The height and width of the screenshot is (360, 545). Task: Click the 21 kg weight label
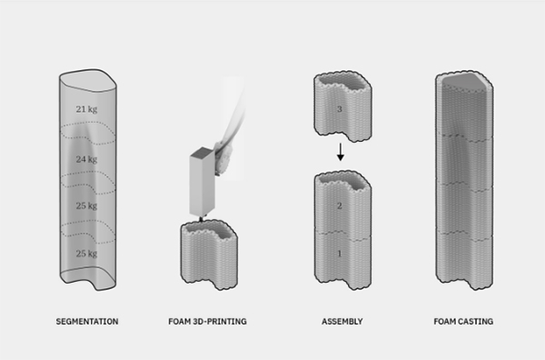point(86,109)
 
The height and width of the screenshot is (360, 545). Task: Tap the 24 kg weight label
point(86,159)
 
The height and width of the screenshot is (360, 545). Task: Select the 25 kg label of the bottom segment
point(86,254)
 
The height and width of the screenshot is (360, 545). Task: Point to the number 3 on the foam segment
point(340,109)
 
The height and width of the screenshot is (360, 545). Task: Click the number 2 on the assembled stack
point(340,206)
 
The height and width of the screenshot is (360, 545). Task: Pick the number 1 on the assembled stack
point(340,254)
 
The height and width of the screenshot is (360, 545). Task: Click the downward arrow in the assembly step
point(341,152)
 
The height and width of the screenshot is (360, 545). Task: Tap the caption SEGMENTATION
point(87,322)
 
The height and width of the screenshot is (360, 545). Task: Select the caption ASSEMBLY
point(342,322)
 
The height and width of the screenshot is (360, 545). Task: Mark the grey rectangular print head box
point(203,182)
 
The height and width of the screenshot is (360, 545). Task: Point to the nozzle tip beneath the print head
point(201,219)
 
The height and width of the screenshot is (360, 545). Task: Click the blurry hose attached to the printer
point(231,129)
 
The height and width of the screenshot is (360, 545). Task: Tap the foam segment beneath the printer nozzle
point(209,255)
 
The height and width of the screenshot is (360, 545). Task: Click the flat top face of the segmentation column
point(87,82)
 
